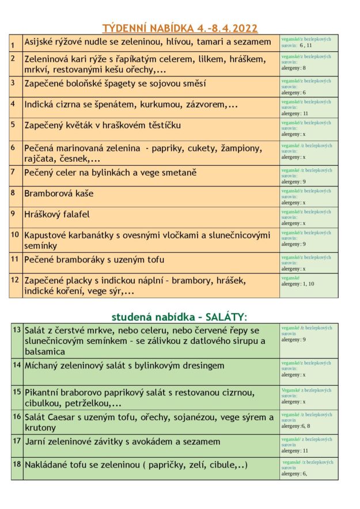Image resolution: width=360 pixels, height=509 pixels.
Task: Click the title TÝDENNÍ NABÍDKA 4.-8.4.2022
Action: [180, 28]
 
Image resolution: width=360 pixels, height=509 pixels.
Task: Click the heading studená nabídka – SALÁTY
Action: [179, 317]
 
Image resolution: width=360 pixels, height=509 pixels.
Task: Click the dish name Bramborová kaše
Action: [59, 193]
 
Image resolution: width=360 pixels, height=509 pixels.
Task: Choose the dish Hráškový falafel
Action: [57, 214]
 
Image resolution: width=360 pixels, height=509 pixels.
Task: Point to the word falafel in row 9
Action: [74, 214]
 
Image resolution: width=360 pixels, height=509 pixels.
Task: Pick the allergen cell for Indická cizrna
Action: [309, 107]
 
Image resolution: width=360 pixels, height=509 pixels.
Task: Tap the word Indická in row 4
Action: [41, 105]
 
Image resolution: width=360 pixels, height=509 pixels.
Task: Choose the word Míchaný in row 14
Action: [43, 366]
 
